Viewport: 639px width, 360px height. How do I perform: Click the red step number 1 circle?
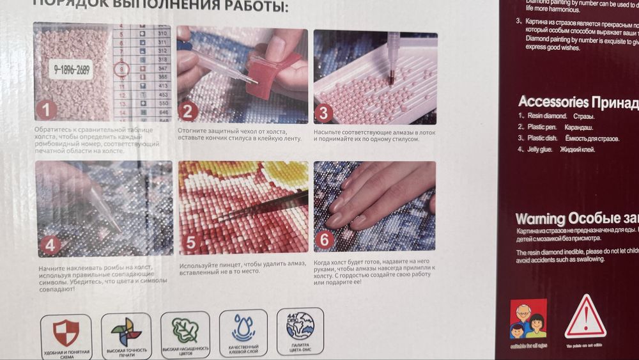coord(46,110)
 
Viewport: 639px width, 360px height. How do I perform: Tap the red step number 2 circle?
coord(187,112)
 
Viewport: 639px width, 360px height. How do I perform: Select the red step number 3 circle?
coord(323,113)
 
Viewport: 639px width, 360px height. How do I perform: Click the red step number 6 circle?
coord(325,240)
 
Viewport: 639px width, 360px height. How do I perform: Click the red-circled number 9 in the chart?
coord(122,68)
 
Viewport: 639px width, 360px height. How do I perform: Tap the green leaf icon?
coord(185,330)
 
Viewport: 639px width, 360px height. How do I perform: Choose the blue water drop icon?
coord(243,328)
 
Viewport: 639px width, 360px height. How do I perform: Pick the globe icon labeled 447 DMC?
coord(300,325)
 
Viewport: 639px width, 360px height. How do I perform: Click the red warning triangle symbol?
coord(585,317)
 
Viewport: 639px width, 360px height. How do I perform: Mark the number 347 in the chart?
coord(162,67)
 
